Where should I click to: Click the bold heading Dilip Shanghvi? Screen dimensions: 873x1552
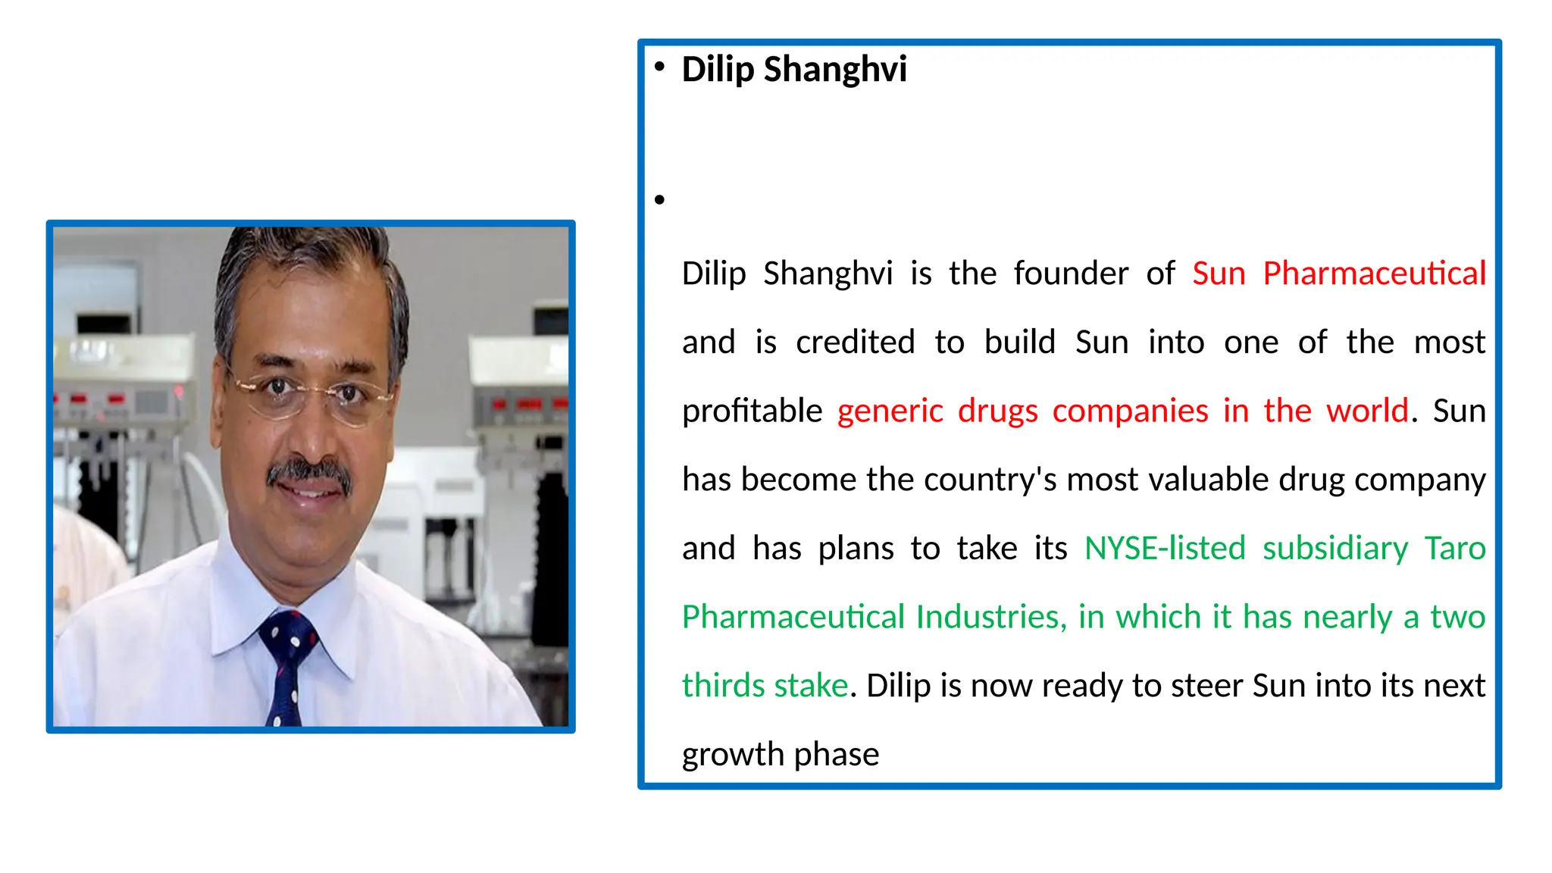pos(793,69)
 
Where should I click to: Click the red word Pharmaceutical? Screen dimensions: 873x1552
pos(1373,274)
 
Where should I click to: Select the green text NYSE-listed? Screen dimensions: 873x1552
pos(1165,548)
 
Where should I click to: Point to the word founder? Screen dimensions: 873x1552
pos(1070,274)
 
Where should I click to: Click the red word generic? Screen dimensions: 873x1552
pos(890,411)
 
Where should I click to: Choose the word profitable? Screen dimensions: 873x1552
pos(752,411)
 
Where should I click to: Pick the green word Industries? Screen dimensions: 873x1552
pos(987,617)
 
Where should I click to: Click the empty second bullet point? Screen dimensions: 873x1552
pos(659,200)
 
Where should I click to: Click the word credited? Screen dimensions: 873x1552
pos(855,343)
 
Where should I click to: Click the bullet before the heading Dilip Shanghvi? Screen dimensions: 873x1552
pos(659,67)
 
